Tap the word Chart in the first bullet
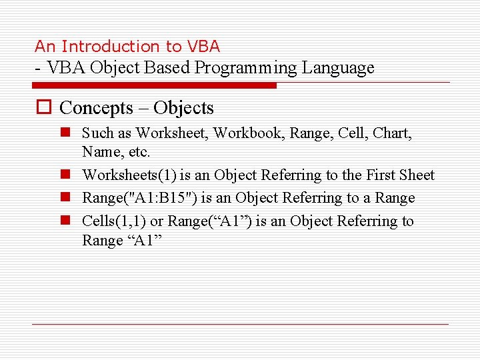392,133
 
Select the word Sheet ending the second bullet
417,175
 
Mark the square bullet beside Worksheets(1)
67,175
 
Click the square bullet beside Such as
67,133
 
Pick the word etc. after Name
138,152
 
